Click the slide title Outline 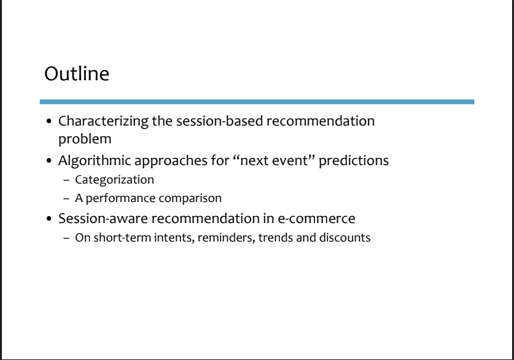pos(77,74)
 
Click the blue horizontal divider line pos(257,102)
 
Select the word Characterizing pos(103,122)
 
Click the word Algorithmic pos(95,161)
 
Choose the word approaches pos(171,161)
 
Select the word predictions pos(354,161)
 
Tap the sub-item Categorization pos(114,180)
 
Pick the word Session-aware pos(103,219)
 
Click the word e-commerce pos(316,219)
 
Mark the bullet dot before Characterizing pos(49,122)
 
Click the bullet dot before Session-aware pos(49,219)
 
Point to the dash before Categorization pos(66,180)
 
